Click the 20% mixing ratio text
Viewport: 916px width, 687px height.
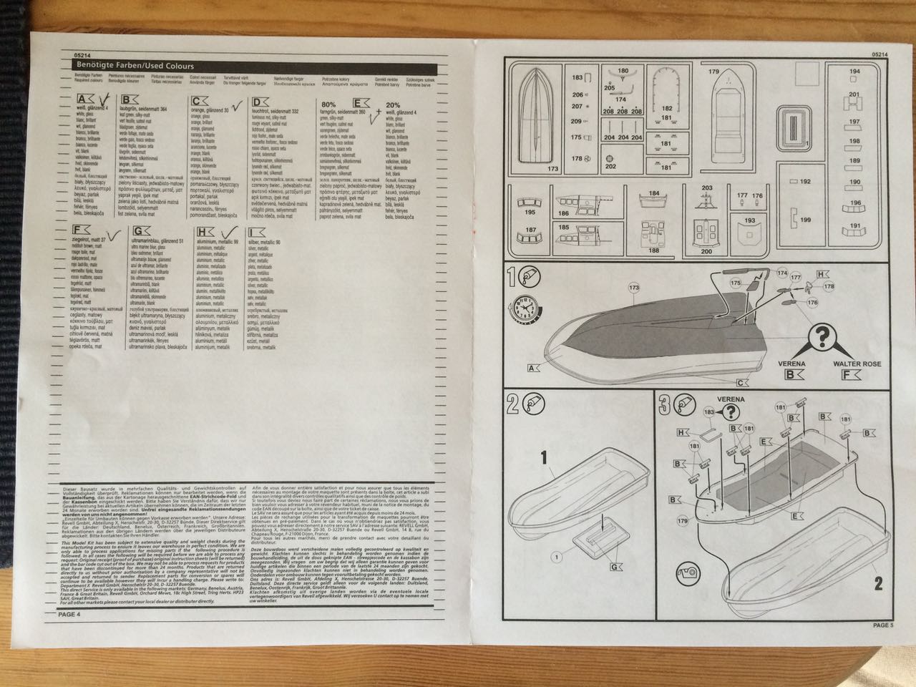pyautogui.click(x=393, y=104)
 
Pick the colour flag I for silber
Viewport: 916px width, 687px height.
pyautogui.click(x=253, y=233)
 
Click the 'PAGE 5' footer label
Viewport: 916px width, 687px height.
pyautogui.click(x=883, y=625)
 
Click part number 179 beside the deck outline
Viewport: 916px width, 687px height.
pyautogui.click(x=713, y=72)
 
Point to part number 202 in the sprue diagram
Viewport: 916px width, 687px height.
pyautogui.click(x=610, y=166)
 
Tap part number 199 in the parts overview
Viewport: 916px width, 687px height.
pyautogui.click(x=805, y=220)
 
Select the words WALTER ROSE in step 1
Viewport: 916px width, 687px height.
pyautogui.click(x=857, y=364)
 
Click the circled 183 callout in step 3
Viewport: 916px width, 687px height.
pyautogui.click(x=709, y=412)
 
